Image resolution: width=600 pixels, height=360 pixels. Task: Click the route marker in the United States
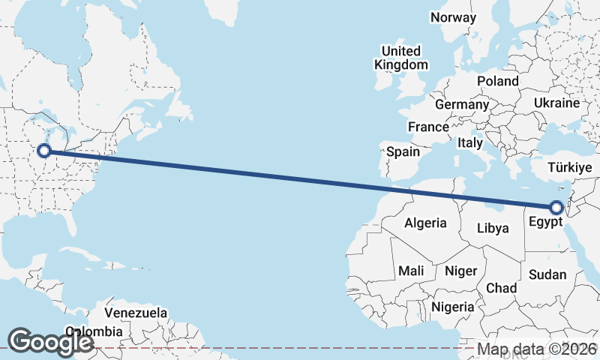(x=44, y=151)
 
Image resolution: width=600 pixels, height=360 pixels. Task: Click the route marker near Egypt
(x=556, y=208)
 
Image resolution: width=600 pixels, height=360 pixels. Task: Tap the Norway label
(x=454, y=17)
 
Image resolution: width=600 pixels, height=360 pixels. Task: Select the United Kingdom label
(x=401, y=58)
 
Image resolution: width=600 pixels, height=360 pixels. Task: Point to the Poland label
(x=497, y=80)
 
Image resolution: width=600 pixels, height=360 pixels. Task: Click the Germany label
(x=461, y=104)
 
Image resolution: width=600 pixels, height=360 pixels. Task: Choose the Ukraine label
(x=557, y=103)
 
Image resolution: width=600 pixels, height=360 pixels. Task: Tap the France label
(x=428, y=127)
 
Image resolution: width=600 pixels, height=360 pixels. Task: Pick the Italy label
(x=470, y=142)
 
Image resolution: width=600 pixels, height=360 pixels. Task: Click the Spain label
(x=403, y=151)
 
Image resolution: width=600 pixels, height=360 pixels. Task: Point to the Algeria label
(x=425, y=223)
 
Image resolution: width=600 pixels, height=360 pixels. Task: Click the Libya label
(x=493, y=227)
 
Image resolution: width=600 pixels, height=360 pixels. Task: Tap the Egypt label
(x=544, y=222)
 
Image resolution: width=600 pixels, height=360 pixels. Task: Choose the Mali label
(x=411, y=270)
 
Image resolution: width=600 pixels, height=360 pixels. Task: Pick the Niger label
(x=461, y=271)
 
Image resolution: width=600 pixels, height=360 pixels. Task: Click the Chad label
(x=501, y=287)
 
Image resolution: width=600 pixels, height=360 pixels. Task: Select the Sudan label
(x=547, y=274)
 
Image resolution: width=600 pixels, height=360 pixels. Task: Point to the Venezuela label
(x=136, y=313)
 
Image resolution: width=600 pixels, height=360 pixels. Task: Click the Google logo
(x=50, y=340)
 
